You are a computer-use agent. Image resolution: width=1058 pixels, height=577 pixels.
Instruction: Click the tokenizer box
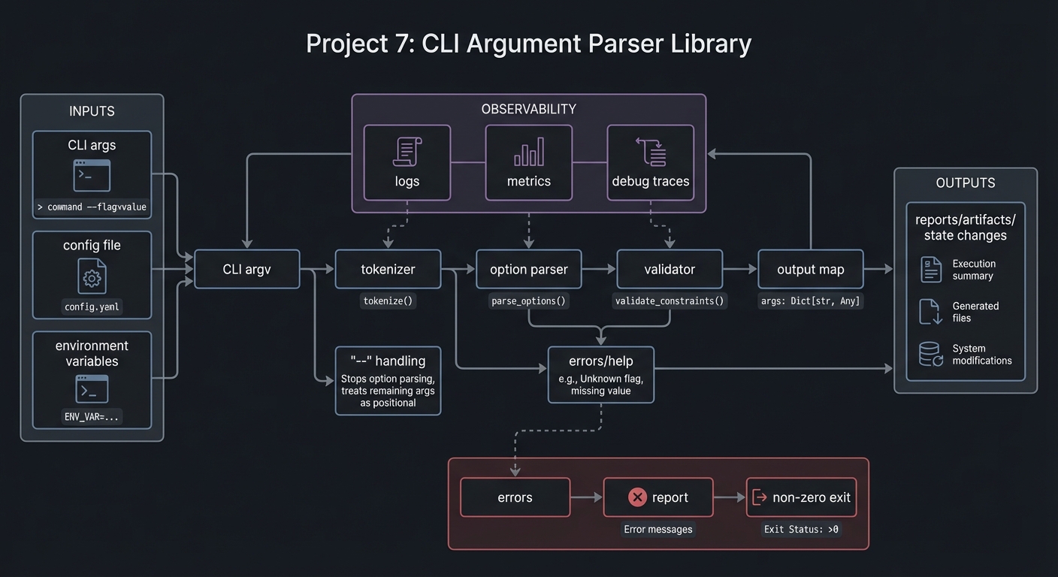(388, 269)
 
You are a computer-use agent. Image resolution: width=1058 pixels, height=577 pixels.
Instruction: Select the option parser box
(528, 269)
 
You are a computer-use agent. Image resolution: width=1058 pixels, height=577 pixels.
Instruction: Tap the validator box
(669, 269)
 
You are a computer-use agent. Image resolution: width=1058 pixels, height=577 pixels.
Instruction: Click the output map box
(810, 269)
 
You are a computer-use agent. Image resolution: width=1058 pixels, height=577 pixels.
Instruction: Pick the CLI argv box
(247, 269)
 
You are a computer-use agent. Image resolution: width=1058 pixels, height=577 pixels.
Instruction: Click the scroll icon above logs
(407, 152)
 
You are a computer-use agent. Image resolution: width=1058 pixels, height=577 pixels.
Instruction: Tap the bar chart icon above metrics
(528, 152)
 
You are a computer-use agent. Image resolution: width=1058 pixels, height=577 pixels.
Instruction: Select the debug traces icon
(651, 152)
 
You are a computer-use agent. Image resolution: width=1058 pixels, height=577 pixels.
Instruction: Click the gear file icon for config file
(92, 276)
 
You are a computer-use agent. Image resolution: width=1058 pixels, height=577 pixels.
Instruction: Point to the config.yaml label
(92, 307)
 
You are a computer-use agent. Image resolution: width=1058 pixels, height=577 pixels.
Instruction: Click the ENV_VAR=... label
(92, 416)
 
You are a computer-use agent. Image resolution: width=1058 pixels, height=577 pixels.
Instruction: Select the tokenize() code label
(388, 301)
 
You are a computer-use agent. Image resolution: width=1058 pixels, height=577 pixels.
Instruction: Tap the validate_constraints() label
(669, 301)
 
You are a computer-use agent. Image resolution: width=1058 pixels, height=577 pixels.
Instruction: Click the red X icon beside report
(637, 497)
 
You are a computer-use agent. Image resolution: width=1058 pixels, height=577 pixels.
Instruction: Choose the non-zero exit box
(801, 497)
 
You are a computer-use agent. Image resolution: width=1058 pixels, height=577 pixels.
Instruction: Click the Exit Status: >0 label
(801, 529)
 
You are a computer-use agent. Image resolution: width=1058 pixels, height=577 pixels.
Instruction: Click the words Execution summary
(973, 270)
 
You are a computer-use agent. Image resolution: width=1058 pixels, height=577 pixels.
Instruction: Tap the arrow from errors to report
(586, 497)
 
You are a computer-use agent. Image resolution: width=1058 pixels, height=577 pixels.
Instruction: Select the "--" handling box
(388, 381)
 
